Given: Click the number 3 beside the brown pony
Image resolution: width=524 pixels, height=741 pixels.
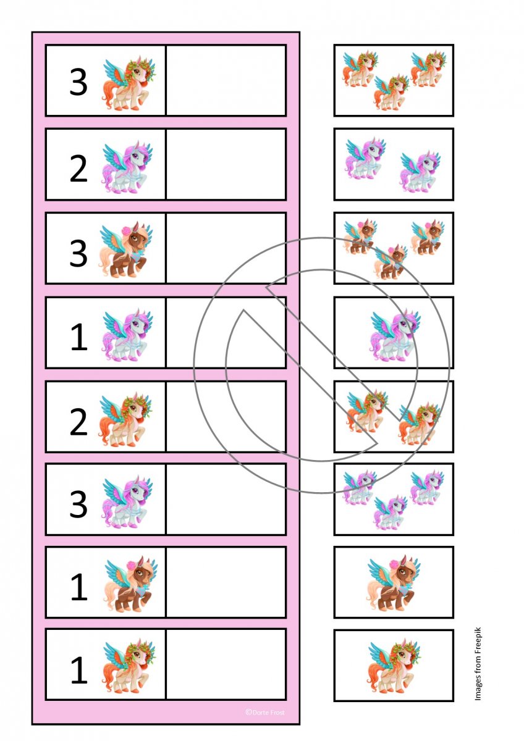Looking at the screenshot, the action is (x=78, y=253).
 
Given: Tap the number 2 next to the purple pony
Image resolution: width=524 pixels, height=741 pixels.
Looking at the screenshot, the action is (x=78, y=169).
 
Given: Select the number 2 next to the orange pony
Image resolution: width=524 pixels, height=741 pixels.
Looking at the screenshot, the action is (x=78, y=422).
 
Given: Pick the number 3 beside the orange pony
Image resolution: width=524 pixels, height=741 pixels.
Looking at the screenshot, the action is (x=78, y=82).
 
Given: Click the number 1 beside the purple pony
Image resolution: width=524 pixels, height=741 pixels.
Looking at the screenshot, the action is (x=79, y=337).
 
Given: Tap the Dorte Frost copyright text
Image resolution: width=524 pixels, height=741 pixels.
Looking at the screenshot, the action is (x=265, y=713).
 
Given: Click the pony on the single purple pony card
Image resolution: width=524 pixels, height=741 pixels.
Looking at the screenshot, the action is (x=395, y=335).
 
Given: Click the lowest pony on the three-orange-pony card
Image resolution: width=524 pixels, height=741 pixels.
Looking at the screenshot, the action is (x=391, y=92).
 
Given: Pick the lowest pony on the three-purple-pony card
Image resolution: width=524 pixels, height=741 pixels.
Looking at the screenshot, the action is (x=391, y=513).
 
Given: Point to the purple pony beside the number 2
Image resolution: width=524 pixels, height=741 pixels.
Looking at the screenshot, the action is (x=127, y=167).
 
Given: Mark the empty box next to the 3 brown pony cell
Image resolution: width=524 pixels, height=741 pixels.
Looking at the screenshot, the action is (x=226, y=248).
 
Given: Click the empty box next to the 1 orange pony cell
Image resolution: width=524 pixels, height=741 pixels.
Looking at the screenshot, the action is (x=226, y=664).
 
